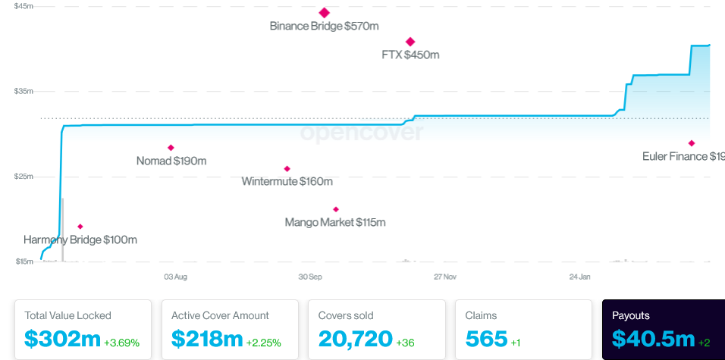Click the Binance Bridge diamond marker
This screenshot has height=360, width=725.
(325, 13)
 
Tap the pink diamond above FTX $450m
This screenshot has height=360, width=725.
(410, 42)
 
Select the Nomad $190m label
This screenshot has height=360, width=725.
(171, 161)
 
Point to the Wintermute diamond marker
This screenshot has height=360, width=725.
(287, 169)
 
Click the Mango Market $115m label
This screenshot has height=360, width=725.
(335, 222)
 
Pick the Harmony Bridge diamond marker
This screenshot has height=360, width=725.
(80, 227)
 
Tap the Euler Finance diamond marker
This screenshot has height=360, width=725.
(692, 143)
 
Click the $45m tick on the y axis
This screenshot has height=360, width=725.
(24, 6)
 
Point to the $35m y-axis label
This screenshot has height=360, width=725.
(24, 91)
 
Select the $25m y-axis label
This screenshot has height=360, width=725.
(24, 177)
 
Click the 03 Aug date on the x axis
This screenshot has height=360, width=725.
(175, 277)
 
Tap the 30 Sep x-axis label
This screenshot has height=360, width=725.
(310, 277)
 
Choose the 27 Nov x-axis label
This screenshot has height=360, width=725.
(445, 277)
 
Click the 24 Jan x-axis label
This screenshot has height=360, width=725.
(580, 277)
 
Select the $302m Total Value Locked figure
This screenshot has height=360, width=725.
(62, 338)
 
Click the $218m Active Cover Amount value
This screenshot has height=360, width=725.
(207, 338)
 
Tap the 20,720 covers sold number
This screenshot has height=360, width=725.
(355, 338)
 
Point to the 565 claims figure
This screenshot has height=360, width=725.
(486, 338)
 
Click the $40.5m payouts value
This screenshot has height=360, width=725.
(653, 338)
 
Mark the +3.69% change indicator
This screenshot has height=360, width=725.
(121, 343)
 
